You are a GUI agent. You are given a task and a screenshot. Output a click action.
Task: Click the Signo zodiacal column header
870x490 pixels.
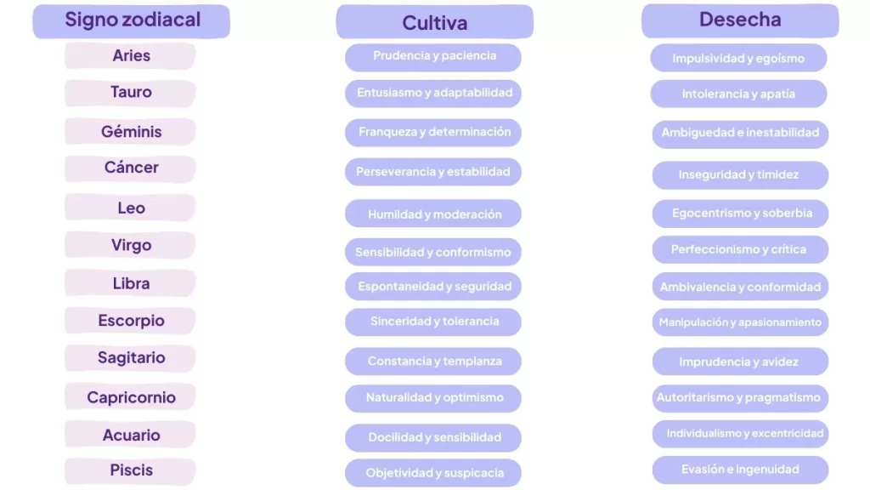[x=132, y=20]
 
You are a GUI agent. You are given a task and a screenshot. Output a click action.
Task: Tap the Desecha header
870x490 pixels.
[x=740, y=20]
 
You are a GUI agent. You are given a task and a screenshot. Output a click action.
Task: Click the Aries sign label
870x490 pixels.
[x=131, y=56]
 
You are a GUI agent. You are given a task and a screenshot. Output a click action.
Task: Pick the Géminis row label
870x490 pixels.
[x=131, y=132]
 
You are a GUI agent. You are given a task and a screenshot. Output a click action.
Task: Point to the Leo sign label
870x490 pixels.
[x=131, y=208]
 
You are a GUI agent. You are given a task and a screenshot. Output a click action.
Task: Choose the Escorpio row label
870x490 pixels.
[x=131, y=321]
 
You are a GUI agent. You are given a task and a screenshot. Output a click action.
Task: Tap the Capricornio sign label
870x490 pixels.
[x=131, y=397]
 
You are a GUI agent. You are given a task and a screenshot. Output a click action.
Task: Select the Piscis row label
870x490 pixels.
[x=131, y=470]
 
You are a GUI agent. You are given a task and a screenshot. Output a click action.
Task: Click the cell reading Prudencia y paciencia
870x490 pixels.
[x=434, y=56]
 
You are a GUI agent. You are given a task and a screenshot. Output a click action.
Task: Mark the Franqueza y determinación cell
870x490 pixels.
[x=434, y=133]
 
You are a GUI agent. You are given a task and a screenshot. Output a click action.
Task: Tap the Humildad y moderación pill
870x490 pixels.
[x=434, y=214]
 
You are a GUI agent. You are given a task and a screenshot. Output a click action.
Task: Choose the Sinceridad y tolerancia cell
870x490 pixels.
[x=434, y=322]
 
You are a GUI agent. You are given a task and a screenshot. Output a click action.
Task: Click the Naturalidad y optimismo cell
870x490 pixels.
[x=434, y=397]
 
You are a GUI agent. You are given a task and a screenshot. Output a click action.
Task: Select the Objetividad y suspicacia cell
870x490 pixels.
[x=434, y=473]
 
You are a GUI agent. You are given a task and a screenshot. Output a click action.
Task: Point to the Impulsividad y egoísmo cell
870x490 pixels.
[x=738, y=59]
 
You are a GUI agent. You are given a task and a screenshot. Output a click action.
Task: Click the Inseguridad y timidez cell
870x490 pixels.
[x=738, y=175]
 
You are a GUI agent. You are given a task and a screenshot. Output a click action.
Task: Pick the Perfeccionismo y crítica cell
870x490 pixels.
[x=738, y=249]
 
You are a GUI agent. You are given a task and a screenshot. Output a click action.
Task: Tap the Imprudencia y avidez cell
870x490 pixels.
[x=738, y=362]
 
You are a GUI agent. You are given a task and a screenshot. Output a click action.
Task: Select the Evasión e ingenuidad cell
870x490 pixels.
[x=740, y=470]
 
